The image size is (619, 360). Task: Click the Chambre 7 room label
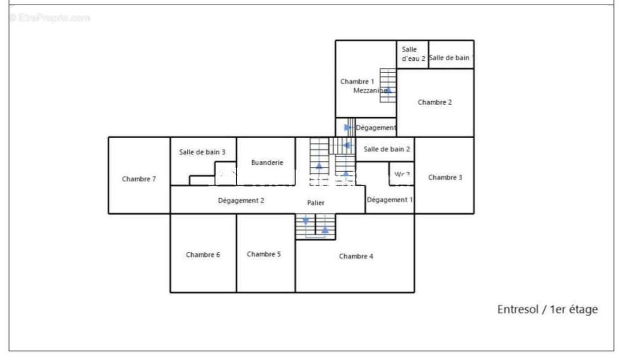[139, 179]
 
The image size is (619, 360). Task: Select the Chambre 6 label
[203, 255]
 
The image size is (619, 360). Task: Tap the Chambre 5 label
[264, 254]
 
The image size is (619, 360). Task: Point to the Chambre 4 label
[356, 256]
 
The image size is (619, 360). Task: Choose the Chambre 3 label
[445, 177]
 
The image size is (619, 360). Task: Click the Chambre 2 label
[434, 102]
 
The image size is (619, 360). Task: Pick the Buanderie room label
[267, 162]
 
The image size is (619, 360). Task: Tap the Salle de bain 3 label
[202, 152]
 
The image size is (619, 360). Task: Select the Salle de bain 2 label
[387, 150]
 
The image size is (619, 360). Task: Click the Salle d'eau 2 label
[413, 54]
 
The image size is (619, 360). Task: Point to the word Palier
[316, 203]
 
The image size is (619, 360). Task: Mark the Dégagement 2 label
[241, 201]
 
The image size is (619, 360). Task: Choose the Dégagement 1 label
[390, 200]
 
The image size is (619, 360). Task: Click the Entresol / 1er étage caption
[547, 309]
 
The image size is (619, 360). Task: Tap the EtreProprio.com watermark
[50, 18]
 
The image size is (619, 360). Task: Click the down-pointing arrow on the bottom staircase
[306, 221]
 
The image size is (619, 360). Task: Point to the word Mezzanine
[370, 91]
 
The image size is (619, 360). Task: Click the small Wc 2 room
[402, 174]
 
